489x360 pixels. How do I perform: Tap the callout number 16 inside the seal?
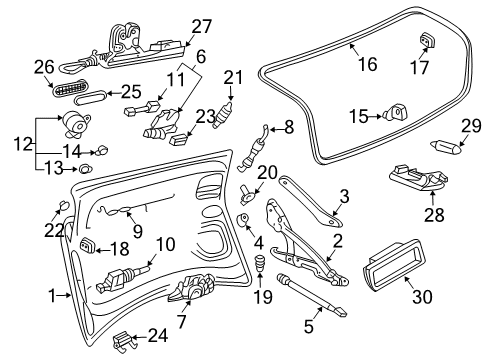pyautogui.click(x=367, y=65)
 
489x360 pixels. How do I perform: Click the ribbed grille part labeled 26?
pyautogui.click(x=71, y=89)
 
